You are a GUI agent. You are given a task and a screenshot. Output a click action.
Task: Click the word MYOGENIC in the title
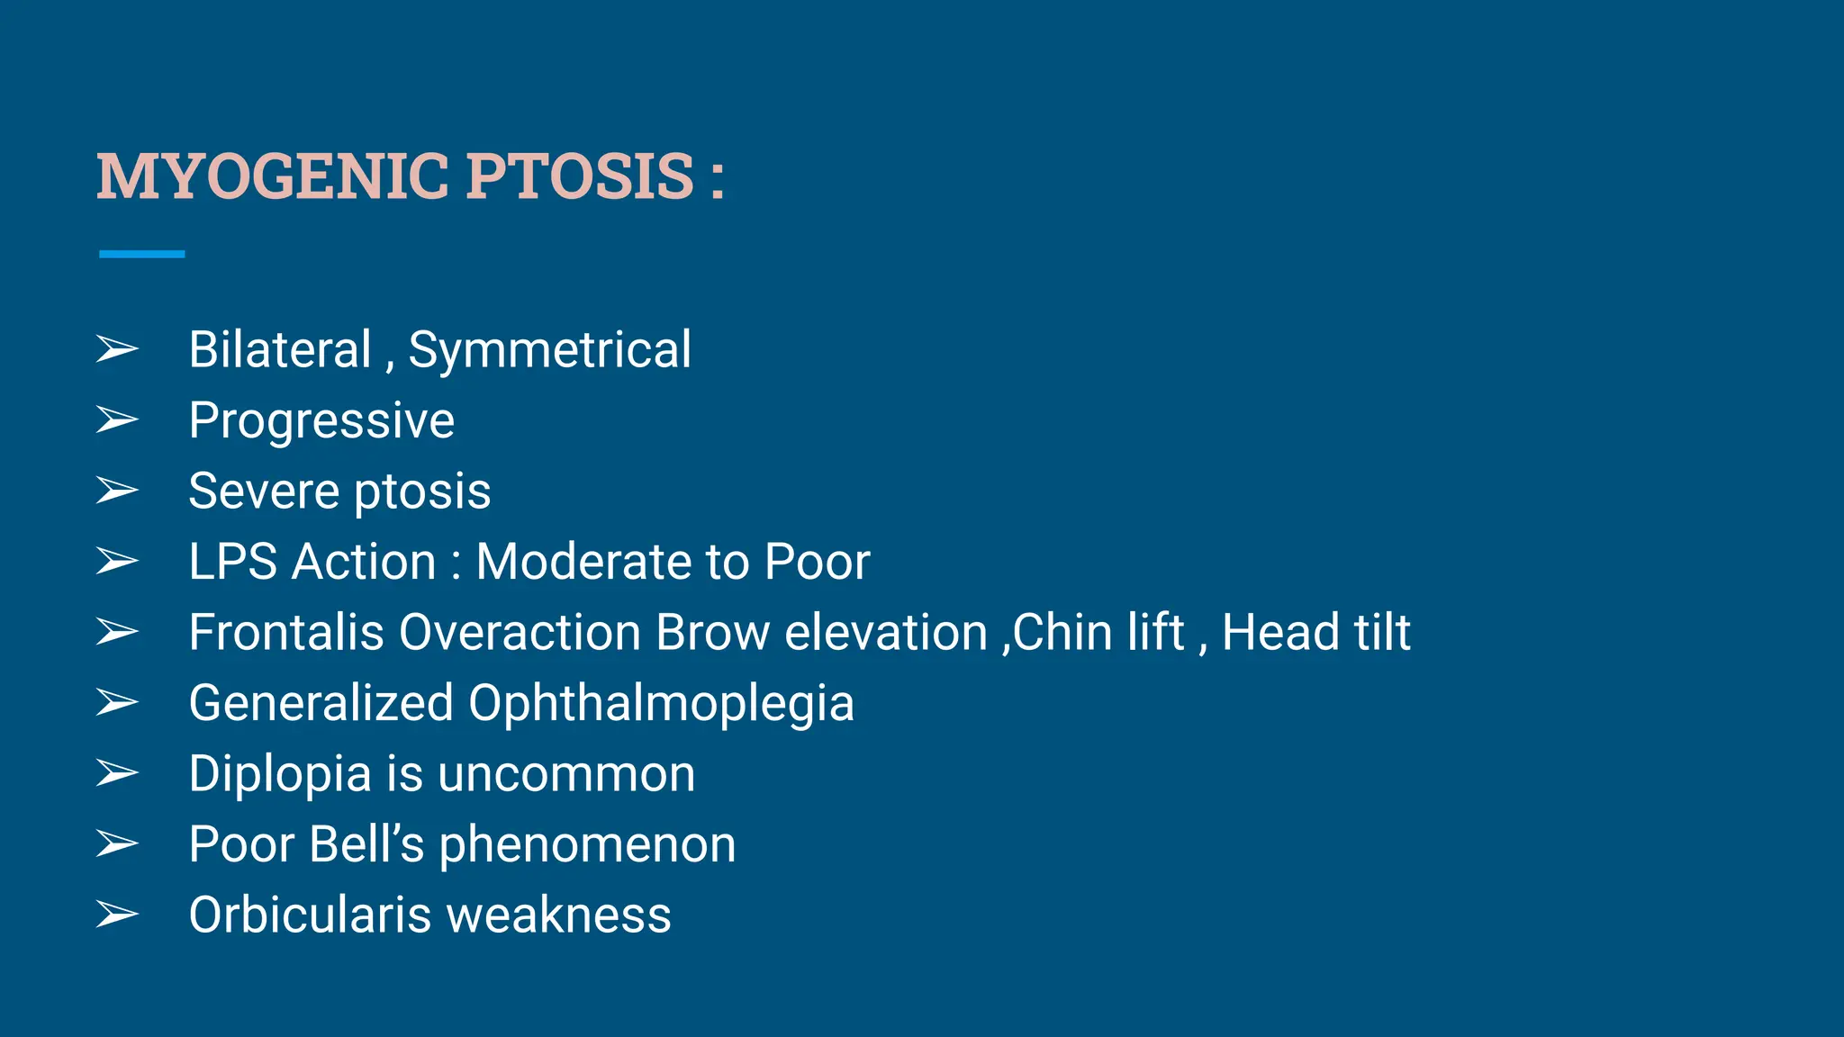[x=272, y=176]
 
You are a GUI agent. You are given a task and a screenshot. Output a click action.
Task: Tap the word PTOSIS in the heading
[x=580, y=176]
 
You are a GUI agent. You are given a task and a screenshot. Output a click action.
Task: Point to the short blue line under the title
[x=141, y=255]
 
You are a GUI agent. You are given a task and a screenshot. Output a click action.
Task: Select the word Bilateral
[x=280, y=349]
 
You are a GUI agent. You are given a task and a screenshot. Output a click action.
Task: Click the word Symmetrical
[x=549, y=351]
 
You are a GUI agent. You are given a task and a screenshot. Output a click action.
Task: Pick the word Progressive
[x=321, y=421]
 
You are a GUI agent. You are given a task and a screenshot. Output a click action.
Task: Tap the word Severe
[x=264, y=491]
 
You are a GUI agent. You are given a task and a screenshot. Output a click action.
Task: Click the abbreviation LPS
[x=232, y=562]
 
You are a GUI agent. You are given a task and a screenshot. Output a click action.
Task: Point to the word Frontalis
[x=286, y=632]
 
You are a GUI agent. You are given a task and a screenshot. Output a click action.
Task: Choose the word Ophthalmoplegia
[x=661, y=704]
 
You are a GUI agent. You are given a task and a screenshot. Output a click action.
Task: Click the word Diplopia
[x=280, y=774]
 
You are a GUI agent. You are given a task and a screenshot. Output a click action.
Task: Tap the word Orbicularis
[x=311, y=915]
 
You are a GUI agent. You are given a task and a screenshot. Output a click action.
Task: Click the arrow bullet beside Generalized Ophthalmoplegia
[x=117, y=702]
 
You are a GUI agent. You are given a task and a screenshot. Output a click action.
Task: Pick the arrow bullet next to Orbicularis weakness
[x=117, y=915]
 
